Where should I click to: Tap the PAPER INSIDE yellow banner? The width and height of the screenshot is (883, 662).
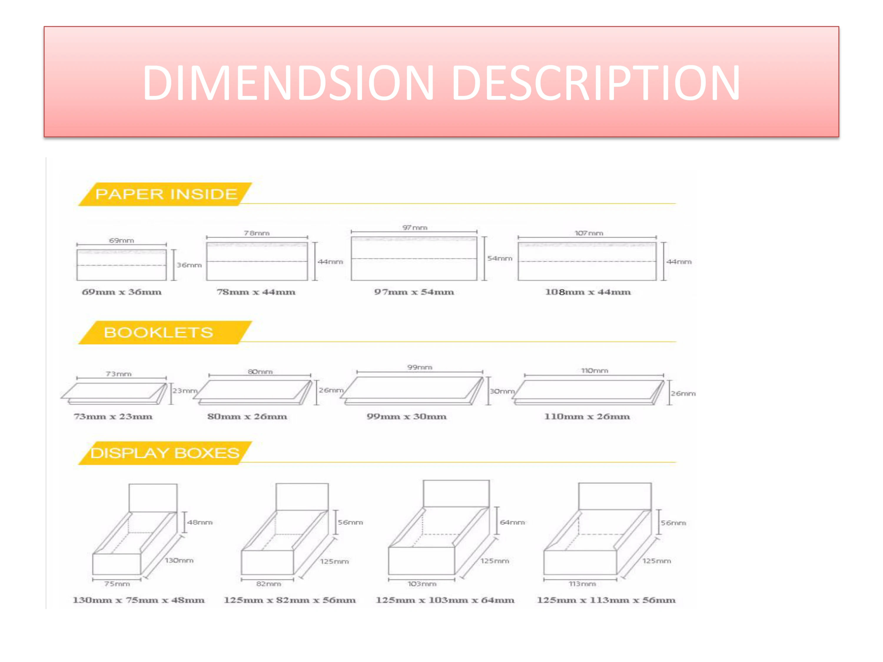(x=166, y=194)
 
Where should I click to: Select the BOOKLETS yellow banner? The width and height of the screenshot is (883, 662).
(x=158, y=332)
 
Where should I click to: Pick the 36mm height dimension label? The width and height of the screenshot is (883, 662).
(x=189, y=265)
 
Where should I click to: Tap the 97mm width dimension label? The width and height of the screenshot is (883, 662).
(x=415, y=227)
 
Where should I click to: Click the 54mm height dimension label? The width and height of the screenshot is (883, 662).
(x=499, y=258)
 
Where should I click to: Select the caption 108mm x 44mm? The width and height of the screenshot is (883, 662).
(x=587, y=292)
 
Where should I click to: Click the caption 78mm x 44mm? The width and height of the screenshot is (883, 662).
(x=256, y=292)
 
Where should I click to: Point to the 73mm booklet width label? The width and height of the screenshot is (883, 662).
(x=119, y=374)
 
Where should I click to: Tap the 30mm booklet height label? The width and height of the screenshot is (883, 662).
(x=502, y=391)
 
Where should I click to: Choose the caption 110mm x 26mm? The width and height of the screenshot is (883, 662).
(x=587, y=417)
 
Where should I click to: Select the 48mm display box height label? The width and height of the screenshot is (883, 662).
(x=200, y=522)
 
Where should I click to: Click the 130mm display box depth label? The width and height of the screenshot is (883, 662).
(x=179, y=560)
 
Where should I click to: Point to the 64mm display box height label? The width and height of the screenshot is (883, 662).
(x=512, y=522)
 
